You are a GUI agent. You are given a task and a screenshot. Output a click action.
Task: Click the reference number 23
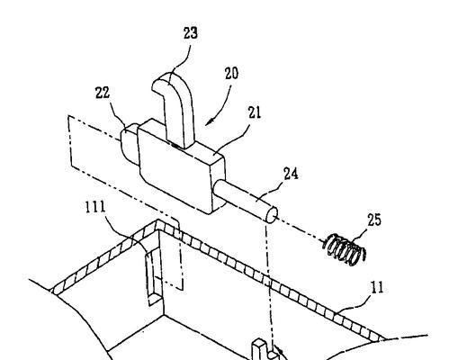[191, 33]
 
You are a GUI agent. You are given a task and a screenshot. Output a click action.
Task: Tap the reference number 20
[231, 74]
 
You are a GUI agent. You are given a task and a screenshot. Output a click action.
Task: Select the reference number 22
[103, 93]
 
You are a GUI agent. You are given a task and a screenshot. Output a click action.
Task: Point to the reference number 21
[255, 112]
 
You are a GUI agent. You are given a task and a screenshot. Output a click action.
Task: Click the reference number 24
[291, 174]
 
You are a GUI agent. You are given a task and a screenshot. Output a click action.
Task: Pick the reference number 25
[374, 220]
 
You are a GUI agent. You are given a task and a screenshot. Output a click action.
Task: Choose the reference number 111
[95, 207]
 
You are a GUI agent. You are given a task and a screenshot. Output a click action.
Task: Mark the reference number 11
[378, 287]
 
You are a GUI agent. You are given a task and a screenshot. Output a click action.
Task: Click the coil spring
[345, 249]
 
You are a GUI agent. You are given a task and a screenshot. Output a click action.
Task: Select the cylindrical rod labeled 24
[245, 201]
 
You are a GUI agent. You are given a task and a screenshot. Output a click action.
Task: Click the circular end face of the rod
[272, 215]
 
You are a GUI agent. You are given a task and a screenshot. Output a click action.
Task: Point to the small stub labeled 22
[130, 143]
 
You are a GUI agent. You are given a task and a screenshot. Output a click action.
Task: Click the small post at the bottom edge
[258, 349]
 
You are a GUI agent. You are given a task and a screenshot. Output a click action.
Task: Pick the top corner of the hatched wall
[157, 221]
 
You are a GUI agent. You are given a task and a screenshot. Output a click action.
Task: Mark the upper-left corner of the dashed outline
[68, 116]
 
